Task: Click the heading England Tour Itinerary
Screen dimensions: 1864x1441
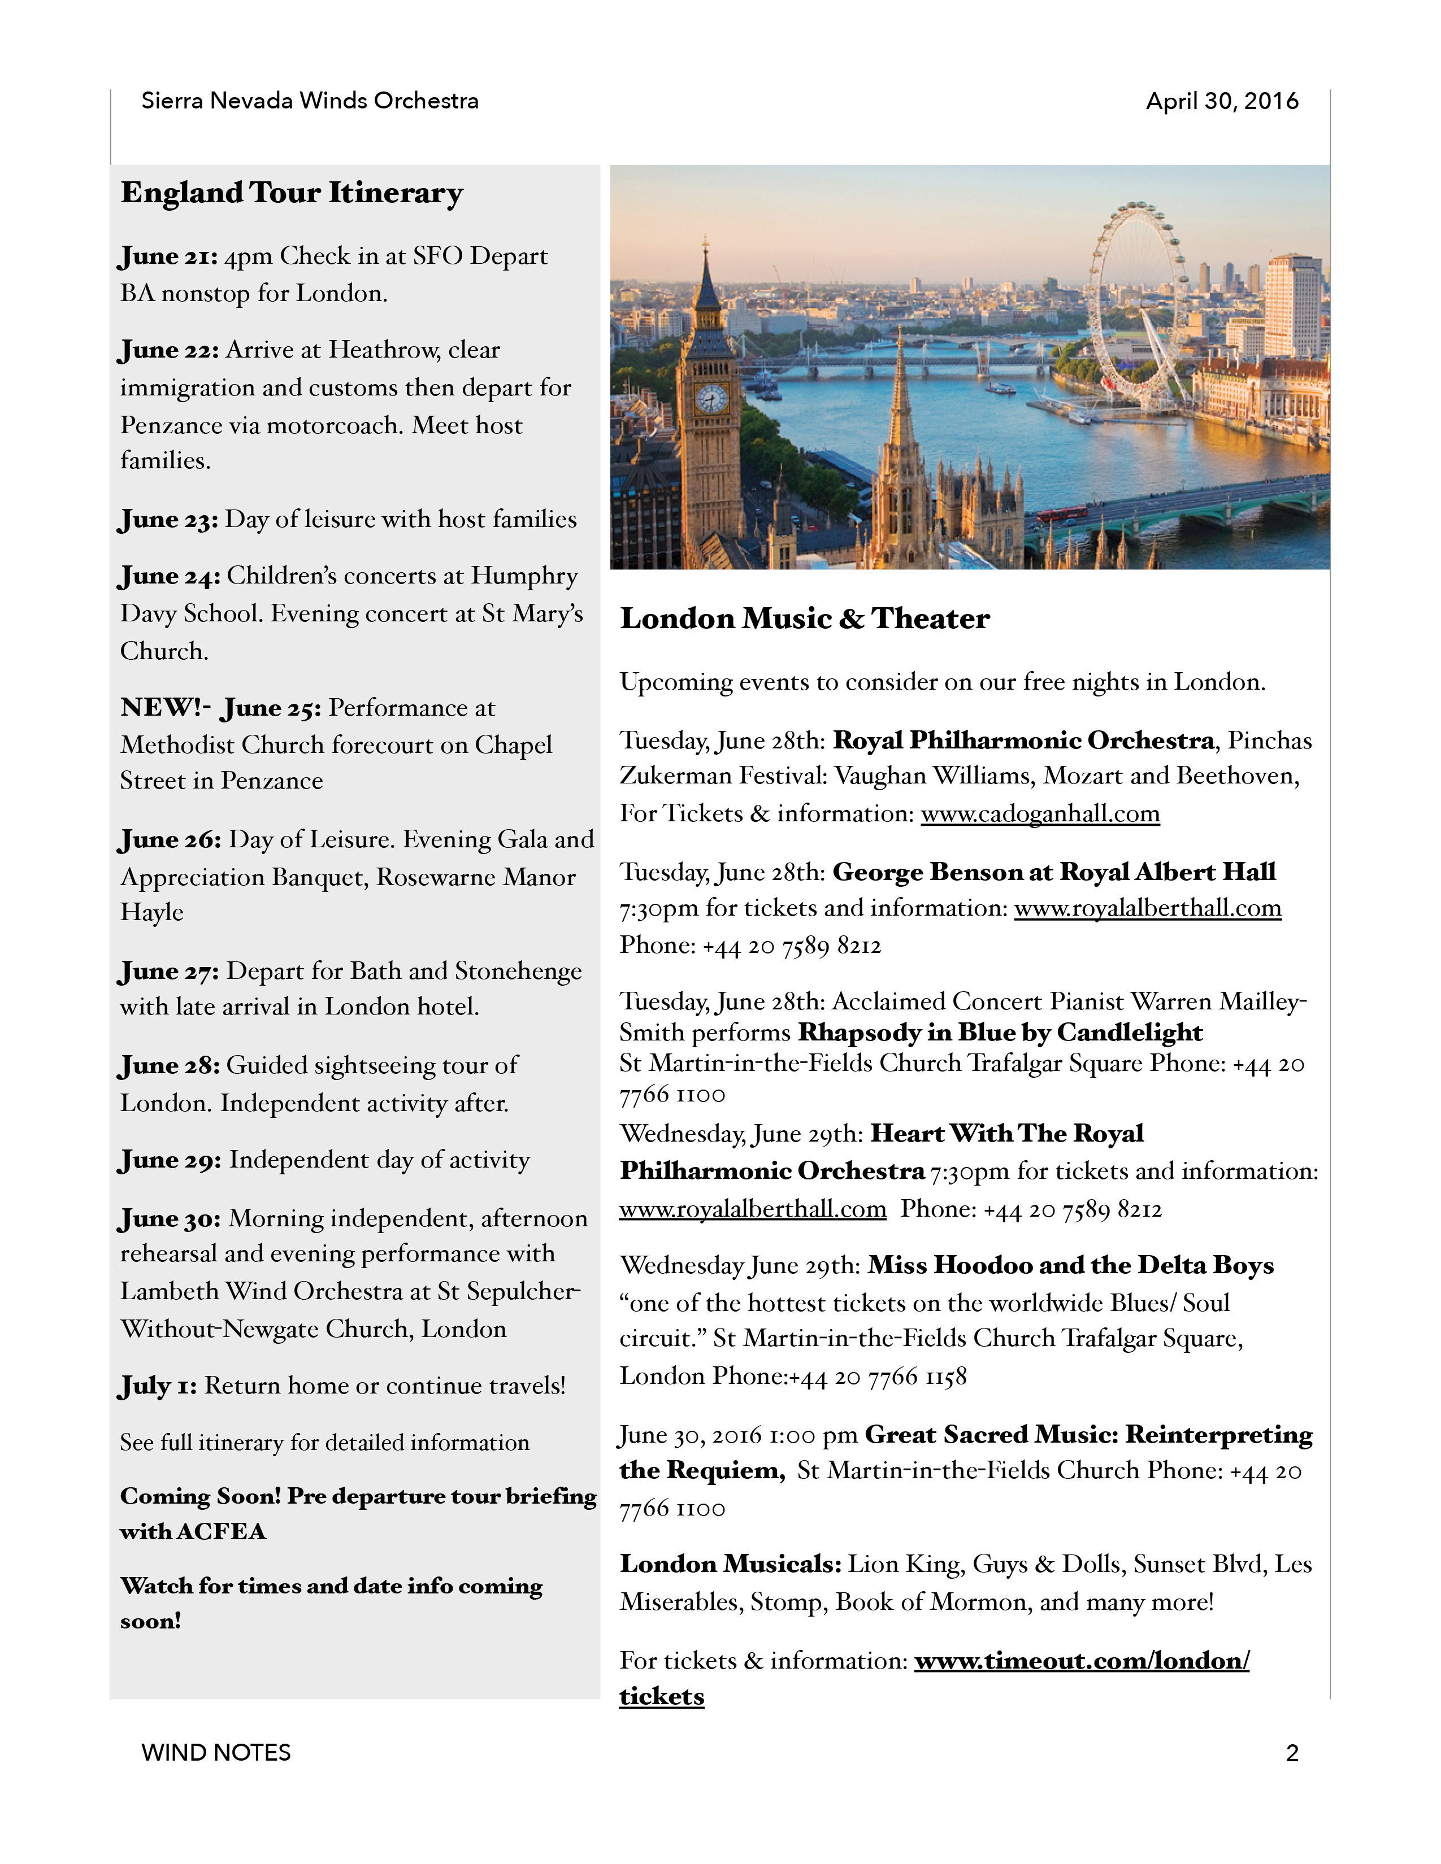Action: point(292,193)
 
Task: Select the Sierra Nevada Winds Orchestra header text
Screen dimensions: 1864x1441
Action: point(310,101)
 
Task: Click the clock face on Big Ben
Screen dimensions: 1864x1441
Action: point(711,399)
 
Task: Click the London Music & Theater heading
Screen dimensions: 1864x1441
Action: point(804,619)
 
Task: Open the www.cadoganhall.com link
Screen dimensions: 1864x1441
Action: point(1040,813)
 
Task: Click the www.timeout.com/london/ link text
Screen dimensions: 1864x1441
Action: point(1082,1660)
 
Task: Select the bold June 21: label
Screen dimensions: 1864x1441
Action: point(169,256)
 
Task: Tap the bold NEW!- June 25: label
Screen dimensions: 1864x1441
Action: point(221,708)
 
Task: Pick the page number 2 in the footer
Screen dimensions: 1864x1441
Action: point(1292,1753)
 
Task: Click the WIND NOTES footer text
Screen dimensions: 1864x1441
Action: point(216,1753)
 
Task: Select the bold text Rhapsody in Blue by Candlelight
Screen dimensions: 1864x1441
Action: point(1000,1033)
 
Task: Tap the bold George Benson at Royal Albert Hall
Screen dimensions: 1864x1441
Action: point(1054,872)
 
